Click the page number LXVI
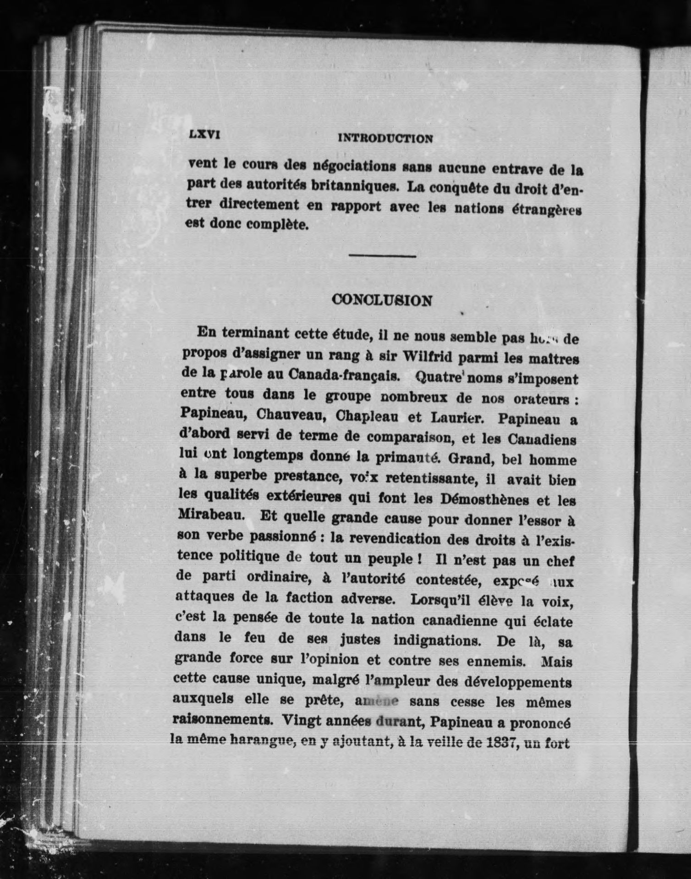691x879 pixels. (204, 136)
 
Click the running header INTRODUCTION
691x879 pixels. (385, 138)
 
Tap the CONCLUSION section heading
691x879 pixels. (382, 300)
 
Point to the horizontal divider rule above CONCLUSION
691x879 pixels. (382, 256)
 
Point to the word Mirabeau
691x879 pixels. (209, 515)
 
